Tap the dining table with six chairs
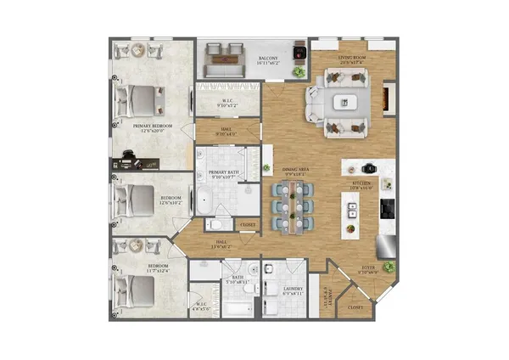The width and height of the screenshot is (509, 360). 294,206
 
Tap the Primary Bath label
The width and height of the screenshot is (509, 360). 225,174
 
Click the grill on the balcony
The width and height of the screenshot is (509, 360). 298,52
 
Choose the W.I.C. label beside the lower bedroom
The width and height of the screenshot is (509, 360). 202,307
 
